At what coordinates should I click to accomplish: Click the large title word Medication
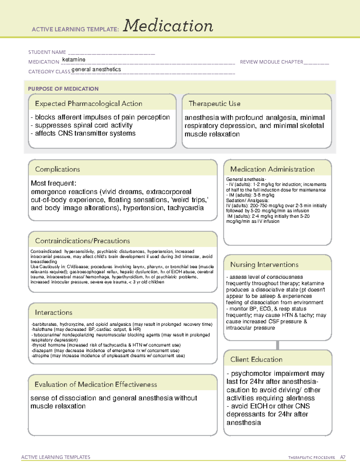(168, 26)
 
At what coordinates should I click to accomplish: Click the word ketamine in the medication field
(74, 60)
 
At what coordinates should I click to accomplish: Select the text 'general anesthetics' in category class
(96, 69)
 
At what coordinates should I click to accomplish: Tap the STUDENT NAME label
(47, 52)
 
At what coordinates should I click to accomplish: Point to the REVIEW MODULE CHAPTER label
(271, 62)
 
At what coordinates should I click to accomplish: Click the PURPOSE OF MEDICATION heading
(63, 89)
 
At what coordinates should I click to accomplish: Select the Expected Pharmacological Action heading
(88, 104)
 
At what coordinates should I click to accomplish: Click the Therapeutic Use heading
(214, 104)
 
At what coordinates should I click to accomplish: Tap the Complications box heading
(58, 169)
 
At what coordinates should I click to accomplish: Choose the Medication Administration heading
(272, 169)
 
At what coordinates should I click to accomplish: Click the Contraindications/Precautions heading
(82, 241)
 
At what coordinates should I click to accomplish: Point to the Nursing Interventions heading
(264, 264)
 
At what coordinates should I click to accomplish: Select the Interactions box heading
(54, 312)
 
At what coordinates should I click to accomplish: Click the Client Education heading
(256, 359)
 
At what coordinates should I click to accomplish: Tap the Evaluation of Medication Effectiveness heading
(96, 384)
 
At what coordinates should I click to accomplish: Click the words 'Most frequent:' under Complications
(54, 183)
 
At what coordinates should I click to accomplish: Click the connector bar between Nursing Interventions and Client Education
(277, 345)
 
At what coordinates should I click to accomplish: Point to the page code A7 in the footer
(343, 457)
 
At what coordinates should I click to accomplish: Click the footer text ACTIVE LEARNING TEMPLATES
(56, 457)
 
